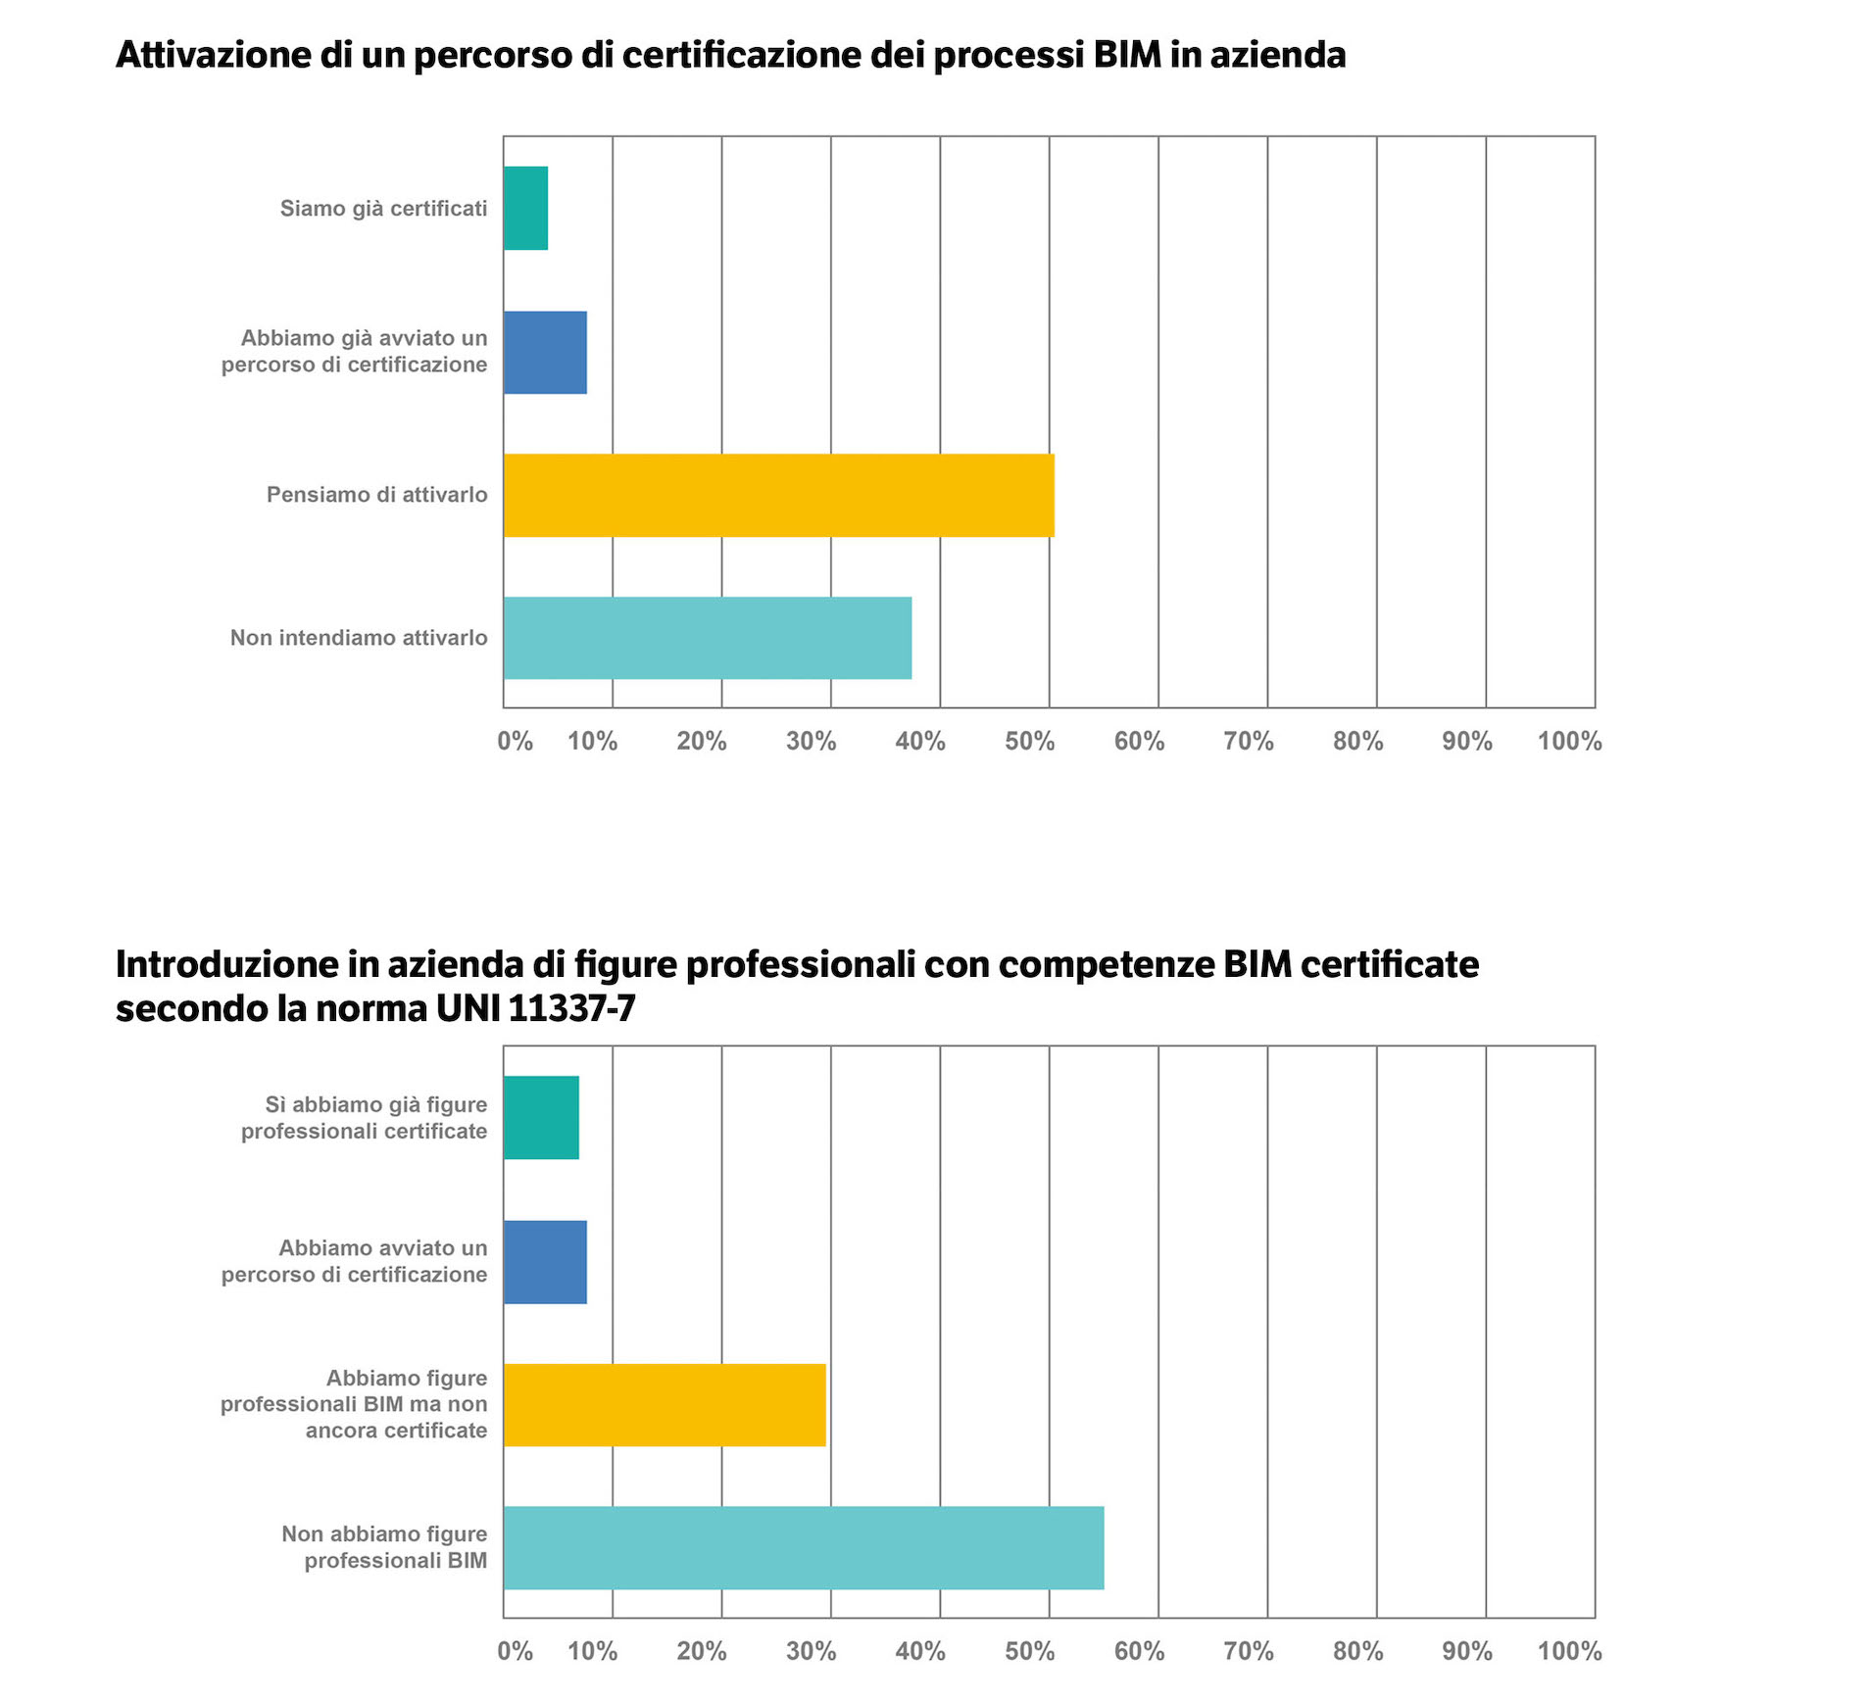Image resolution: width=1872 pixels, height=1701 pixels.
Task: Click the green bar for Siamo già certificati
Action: pos(525,208)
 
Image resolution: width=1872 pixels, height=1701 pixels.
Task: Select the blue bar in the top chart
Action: pos(545,352)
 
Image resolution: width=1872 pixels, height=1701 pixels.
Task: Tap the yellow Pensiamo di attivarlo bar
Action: pos(778,495)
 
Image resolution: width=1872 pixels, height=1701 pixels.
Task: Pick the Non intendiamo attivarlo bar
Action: pos(707,638)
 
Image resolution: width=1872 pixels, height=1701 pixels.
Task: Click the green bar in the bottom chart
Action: pos(541,1117)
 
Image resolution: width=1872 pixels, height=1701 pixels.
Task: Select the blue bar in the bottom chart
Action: pos(545,1261)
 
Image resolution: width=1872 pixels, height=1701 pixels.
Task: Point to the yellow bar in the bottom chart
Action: pos(665,1404)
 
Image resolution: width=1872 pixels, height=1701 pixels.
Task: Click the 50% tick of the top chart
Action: pos(1029,742)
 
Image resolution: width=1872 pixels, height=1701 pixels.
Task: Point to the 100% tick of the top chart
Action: pos(1569,742)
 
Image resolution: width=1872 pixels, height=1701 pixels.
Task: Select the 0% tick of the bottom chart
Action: pos(515,1651)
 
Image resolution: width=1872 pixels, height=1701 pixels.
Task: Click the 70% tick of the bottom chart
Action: pos(1248,1651)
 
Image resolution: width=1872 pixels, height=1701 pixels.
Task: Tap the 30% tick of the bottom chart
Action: pos(811,1651)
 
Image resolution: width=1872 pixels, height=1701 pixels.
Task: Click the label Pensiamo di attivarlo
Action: pos(376,495)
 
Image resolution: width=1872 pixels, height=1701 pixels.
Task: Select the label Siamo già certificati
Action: pos(383,209)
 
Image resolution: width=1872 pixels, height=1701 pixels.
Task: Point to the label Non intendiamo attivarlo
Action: pos(359,638)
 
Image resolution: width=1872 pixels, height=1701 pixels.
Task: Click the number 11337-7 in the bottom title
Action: pos(571,1008)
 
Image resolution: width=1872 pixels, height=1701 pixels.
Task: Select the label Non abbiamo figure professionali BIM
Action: pos(384,1547)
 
